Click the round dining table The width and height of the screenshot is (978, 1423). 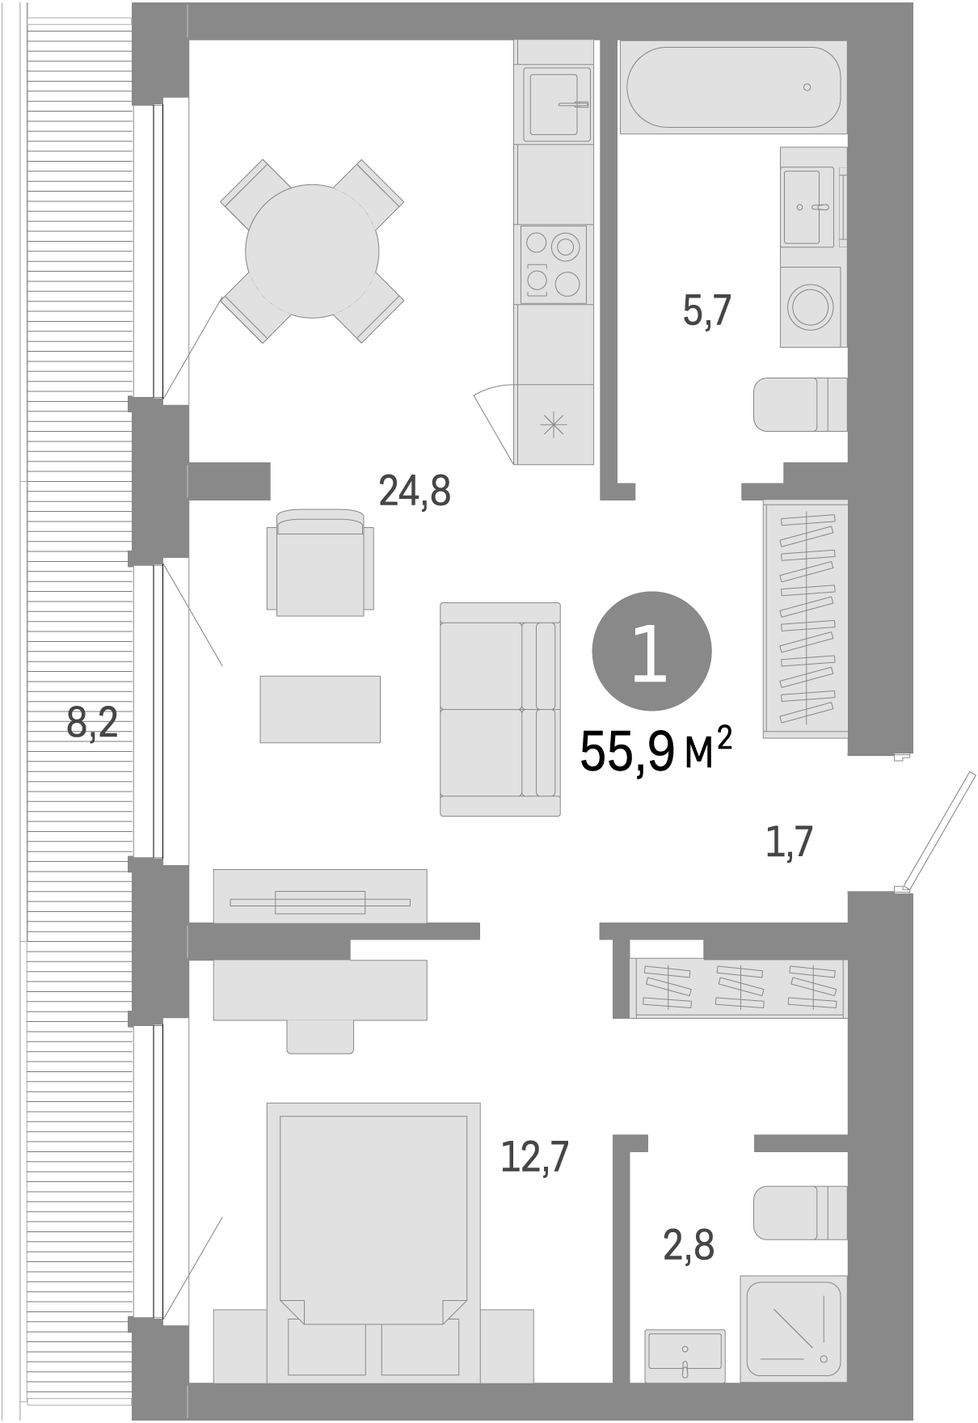click(312, 251)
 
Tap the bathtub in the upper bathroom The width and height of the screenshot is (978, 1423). click(732, 87)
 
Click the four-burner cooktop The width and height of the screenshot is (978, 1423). click(554, 264)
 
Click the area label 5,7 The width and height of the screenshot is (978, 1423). click(707, 311)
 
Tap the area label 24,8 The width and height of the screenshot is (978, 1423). click(414, 491)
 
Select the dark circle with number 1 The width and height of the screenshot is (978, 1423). click(651, 652)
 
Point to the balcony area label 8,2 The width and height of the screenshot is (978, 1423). click(92, 722)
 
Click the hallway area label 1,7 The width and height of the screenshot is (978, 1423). click(788, 842)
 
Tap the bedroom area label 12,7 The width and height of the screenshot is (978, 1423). click(534, 1157)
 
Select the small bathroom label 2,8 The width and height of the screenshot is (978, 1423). click(689, 1246)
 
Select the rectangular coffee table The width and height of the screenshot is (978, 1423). click(320, 709)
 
